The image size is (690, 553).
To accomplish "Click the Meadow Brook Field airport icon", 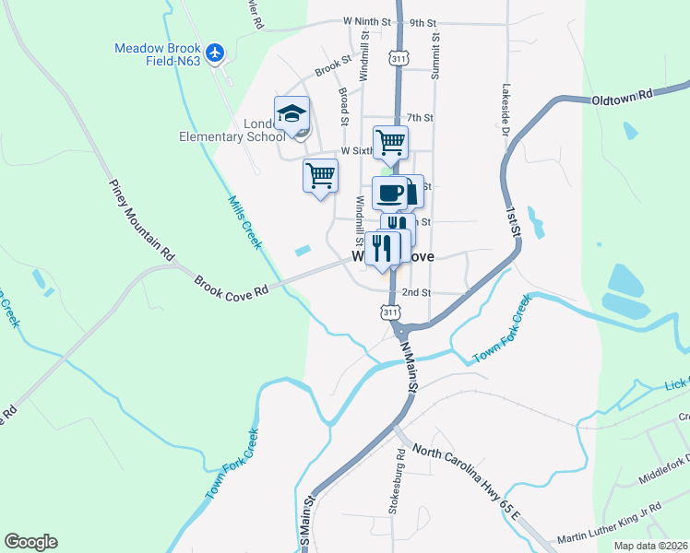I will pyautogui.click(x=216, y=53).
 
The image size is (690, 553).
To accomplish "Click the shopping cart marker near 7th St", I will pyautogui.click(x=391, y=143).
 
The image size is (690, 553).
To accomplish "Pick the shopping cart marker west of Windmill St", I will pyautogui.click(x=320, y=174).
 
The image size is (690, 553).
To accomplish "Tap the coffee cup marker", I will pyautogui.click(x=388, y=194).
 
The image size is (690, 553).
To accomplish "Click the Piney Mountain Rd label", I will pyautogui.click(x=141, y=218).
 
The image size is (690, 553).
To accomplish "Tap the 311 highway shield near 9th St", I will pyautogui.click(x=398, y=58).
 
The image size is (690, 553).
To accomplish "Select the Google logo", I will pyautogui.click(x=30, y=542).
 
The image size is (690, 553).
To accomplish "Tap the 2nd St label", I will pyautogui.click(x=417, y=292).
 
